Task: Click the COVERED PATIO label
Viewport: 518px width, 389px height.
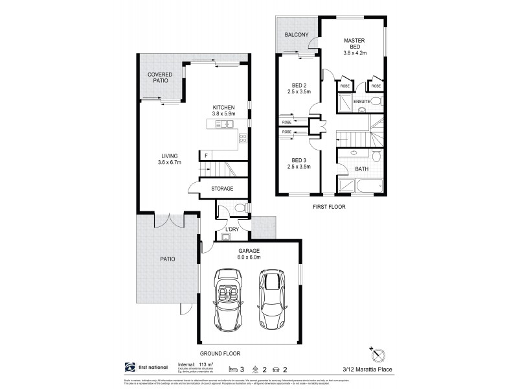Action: (159, 78)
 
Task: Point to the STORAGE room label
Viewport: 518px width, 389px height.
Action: (222, 189)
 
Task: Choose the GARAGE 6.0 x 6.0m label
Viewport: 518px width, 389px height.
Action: (249, 253)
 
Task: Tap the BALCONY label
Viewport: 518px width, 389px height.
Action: (296, 34)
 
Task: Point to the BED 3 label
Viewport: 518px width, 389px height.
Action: (298, 163)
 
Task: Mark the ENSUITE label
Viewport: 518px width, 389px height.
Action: (362, 102)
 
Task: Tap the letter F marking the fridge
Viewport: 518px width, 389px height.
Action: (205, 156)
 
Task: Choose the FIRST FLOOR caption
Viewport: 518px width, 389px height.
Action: (328, 207)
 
